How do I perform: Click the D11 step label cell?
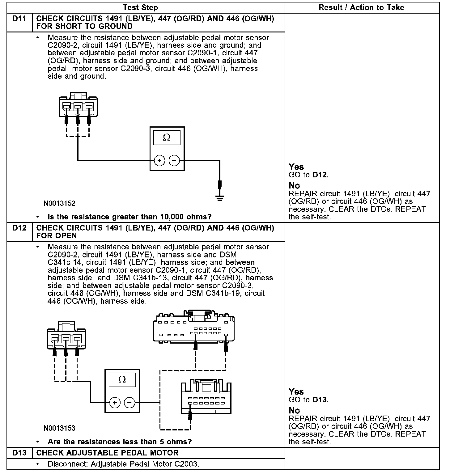tap(19, 19)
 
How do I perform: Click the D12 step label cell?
tap(19, 228)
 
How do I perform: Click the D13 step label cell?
tap(19, 453)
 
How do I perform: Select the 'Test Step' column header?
tap(140, 8)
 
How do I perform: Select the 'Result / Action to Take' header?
tap(361, 8)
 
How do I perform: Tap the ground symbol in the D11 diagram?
tap(219, 198)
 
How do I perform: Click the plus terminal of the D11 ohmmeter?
tap(159, 161)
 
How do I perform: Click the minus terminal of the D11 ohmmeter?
tap(174, 161)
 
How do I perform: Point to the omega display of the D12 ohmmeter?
tap(122, 380)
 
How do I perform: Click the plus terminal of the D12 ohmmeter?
tap(115, 403)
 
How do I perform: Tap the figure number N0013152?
tap(59, 203)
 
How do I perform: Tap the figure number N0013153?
tap(59, 428)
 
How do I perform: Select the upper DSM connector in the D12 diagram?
tap(193, 328)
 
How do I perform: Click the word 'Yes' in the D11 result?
tap(296, 167)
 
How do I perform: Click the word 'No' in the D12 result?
tap(294, 411)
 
